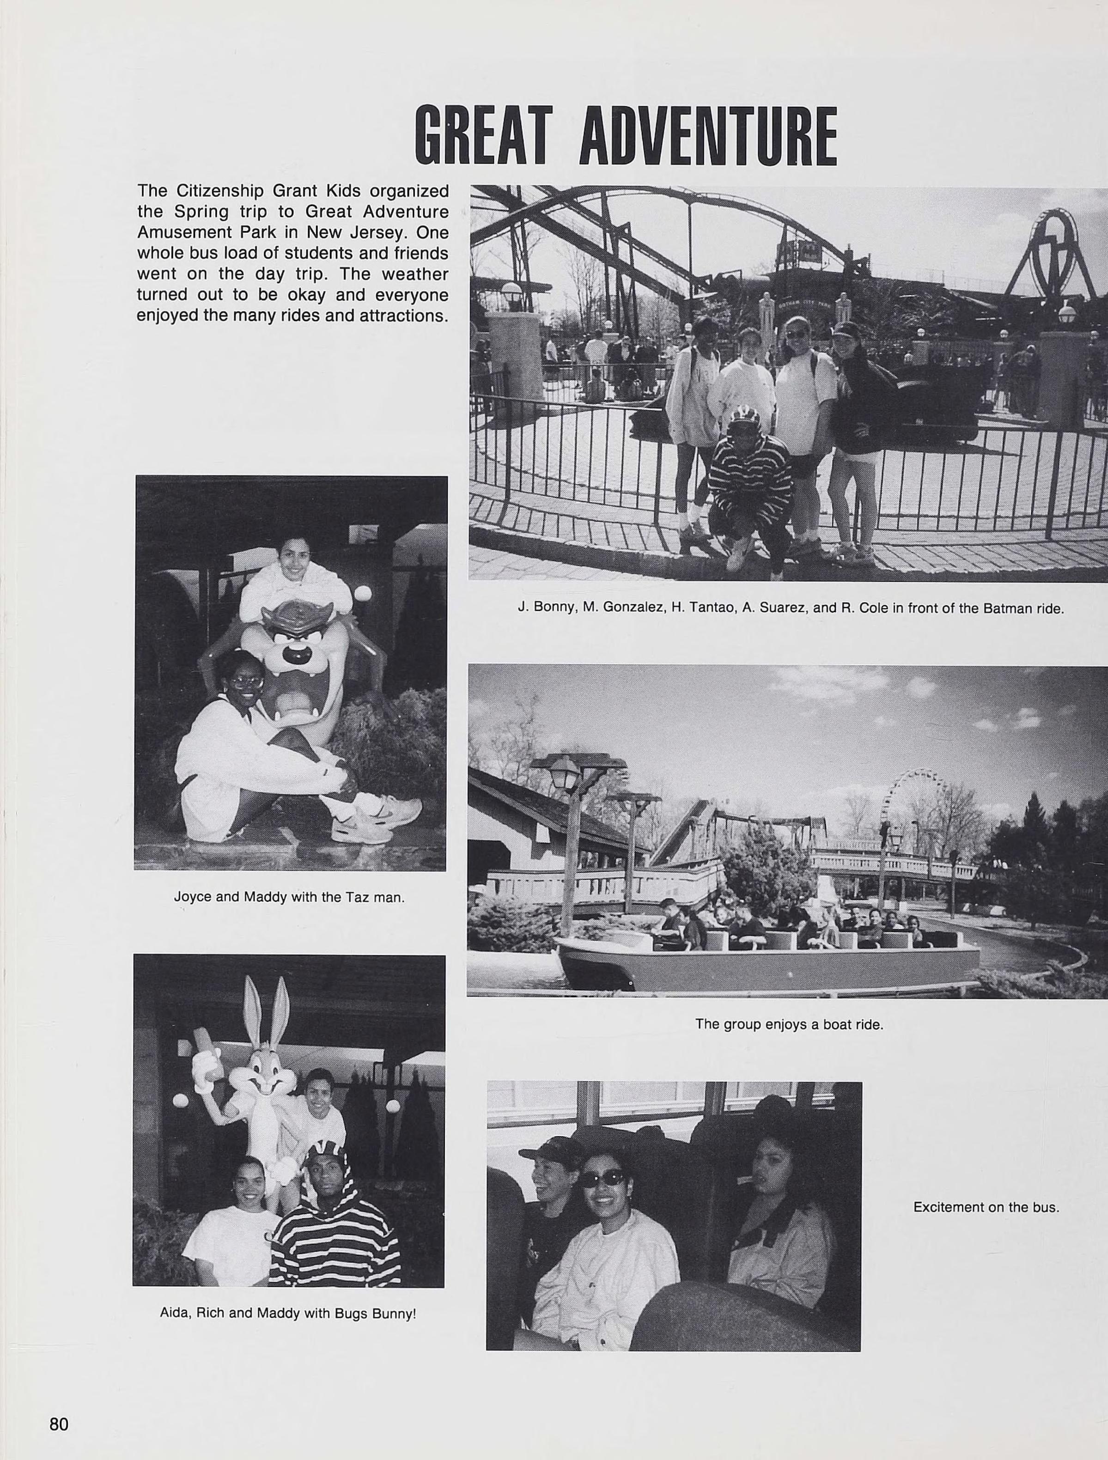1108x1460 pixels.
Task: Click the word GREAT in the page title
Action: [482, 137]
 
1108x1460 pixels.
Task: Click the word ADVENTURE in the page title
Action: [707, 137]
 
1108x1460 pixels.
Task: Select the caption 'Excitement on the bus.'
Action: [986, 1207]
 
